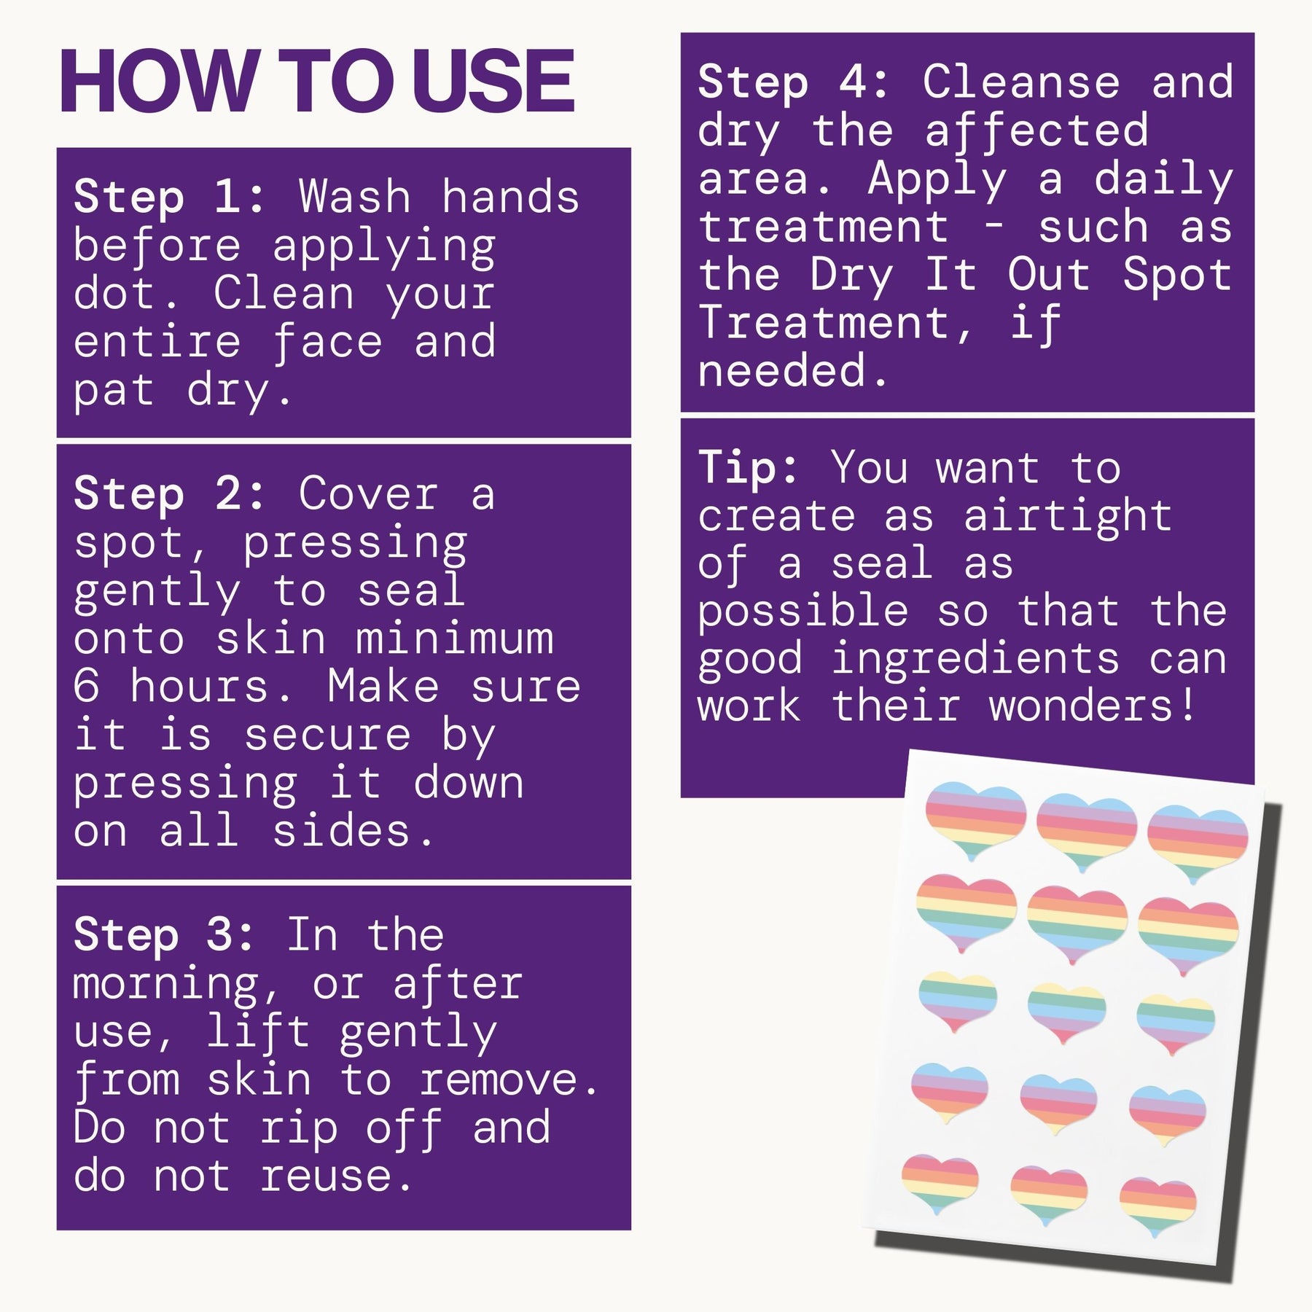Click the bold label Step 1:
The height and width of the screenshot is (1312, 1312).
point(170,197)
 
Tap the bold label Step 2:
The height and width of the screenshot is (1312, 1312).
point(170,493)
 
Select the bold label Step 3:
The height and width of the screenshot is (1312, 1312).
point(164,935)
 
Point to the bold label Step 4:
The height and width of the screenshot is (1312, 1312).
point(794,82)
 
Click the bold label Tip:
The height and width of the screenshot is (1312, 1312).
point(749,467)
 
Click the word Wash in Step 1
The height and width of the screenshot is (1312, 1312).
point(355,197)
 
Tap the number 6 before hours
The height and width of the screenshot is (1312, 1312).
point(86,687)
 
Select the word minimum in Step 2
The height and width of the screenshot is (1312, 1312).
point(455,639)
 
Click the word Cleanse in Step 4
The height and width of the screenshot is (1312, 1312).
point(1020,82)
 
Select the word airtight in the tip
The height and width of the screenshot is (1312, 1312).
point(1068,517)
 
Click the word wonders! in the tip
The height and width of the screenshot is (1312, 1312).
point(1092,706)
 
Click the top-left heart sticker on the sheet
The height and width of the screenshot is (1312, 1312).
point(975,822)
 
